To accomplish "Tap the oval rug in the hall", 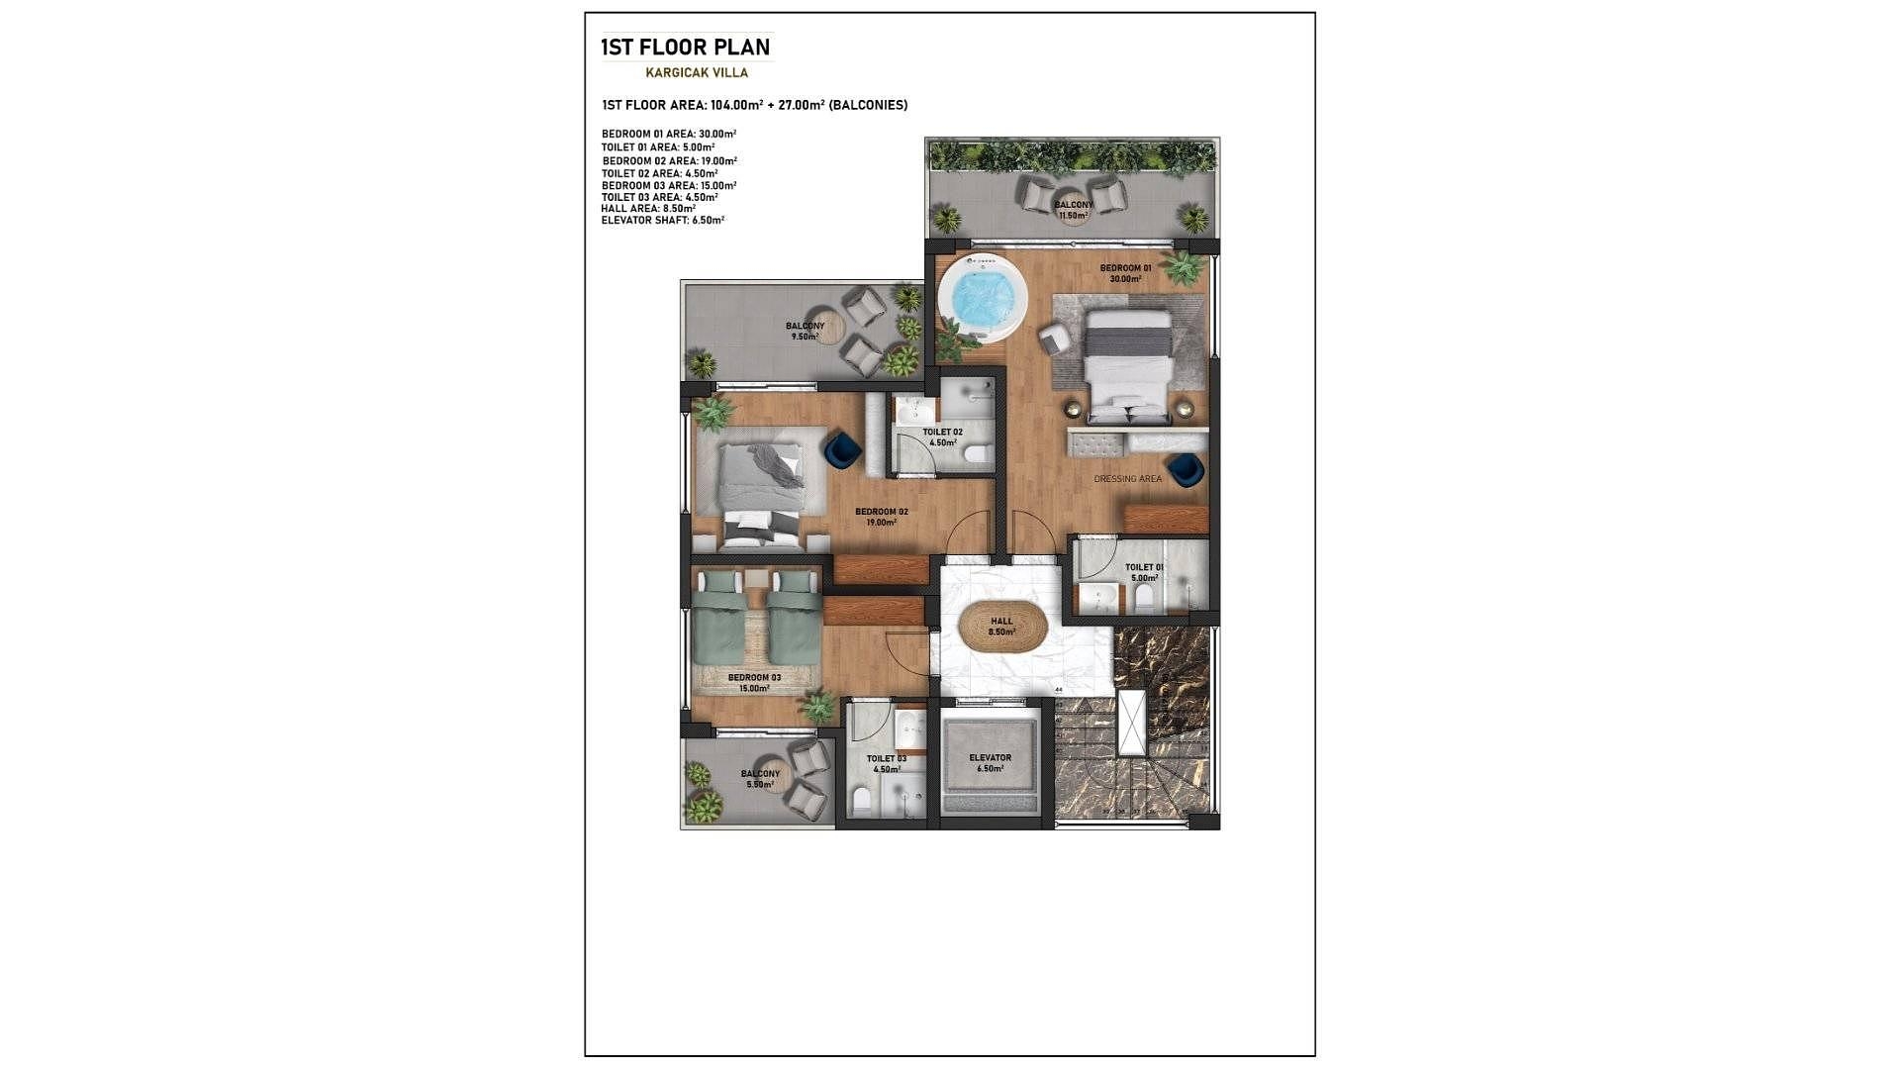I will [x=1002, y=627].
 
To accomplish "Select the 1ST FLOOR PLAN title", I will [x=685, y=47].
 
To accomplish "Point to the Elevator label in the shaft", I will [x=990, y=758].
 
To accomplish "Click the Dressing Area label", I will [x=1127, y=479].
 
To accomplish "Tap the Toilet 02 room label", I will [x=942, y=433].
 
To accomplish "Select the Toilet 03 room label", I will [x=886, y=759].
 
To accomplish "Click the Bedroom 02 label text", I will [x=881, y=513].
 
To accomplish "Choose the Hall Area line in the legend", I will [x=648, y=209].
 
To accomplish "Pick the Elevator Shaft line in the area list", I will [x=662, y=221].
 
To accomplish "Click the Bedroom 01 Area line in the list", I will [x=668, y=134].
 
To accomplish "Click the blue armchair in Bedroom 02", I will [x=842, y=450].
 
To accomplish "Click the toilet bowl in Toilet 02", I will [x=977, y=455].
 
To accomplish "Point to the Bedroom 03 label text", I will [x=754, y=678].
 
